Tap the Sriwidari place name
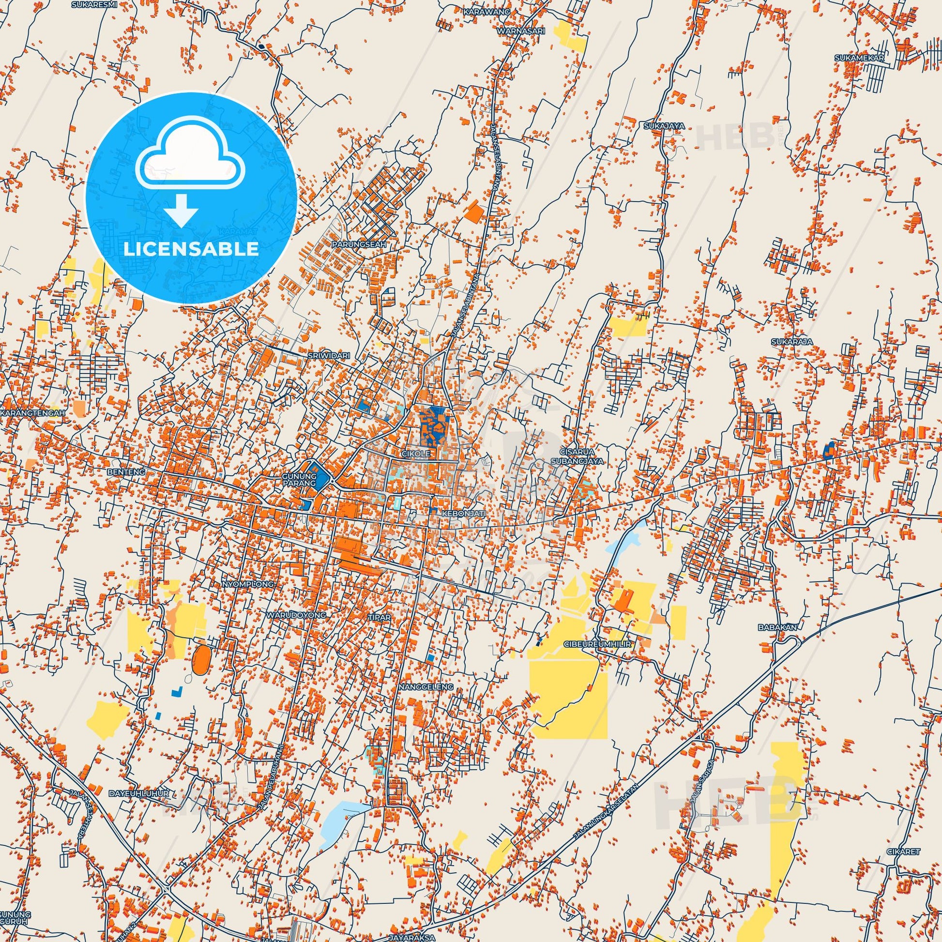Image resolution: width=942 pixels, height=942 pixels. click(329, 355)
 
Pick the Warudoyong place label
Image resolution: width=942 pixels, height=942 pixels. click(295, 615)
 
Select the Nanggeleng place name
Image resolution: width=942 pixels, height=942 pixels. click(425, 686)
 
